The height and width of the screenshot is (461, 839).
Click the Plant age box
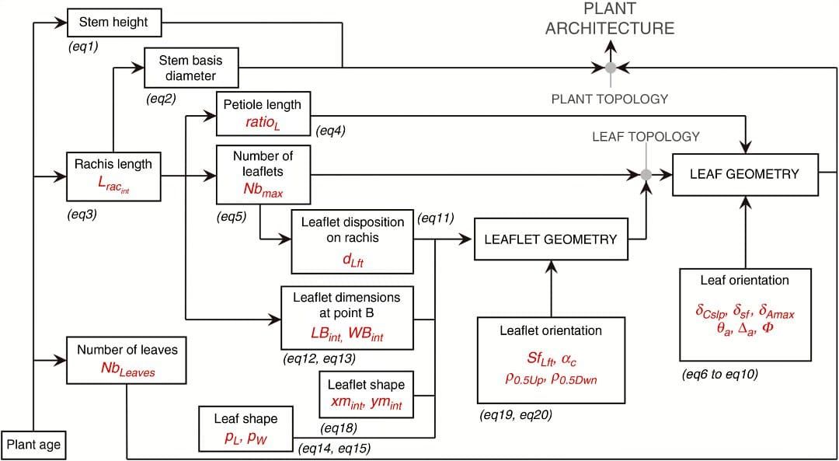click(x=33, y=445)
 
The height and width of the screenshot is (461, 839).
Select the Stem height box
click(x=113, y=23)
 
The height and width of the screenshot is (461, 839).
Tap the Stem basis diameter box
click(x=191, y=68)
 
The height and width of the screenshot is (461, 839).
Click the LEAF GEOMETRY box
click(x=744, y=174)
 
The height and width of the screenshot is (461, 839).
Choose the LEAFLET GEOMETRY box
click(x=550, y=239)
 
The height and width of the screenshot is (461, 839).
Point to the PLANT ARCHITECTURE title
click(x=610, y=19)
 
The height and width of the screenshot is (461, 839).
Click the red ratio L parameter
click(x=263, y=121)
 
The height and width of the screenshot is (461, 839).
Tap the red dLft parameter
click(x=353, y=260)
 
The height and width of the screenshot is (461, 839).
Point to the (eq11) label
click(x=436, y=218)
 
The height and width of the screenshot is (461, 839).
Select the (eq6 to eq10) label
click(x=720, y=374)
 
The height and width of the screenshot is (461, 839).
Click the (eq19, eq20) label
click(x=516, y=415)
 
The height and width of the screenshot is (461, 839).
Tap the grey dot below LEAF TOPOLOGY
click(x=646, y=174)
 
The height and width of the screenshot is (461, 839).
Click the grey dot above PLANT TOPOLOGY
click(x=611, y=68)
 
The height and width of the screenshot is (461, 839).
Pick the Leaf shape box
click(x=245, y=428)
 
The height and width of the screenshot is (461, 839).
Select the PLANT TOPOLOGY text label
click(x=610, y=99)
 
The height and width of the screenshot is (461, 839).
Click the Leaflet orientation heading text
click(x=551, y=330)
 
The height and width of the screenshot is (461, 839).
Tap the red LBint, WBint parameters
click(x=346, y=333)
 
